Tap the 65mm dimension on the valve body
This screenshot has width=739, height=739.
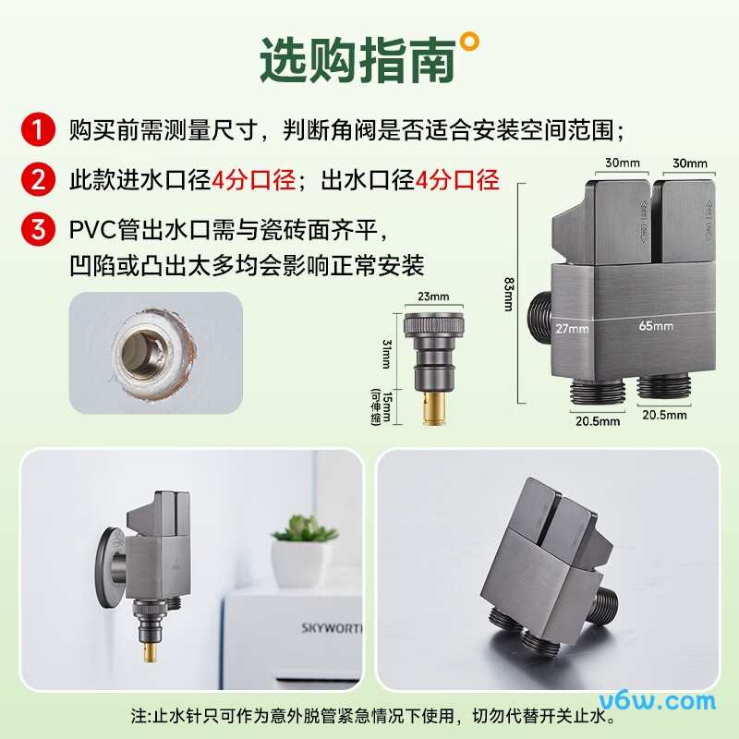tap(654, 326)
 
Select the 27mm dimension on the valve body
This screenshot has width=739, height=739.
tap(573, 328)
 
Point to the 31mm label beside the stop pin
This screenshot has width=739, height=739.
tap(387, 349)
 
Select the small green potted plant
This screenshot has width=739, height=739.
tap(300, 532)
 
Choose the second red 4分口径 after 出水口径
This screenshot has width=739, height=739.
tap(457, 179)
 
